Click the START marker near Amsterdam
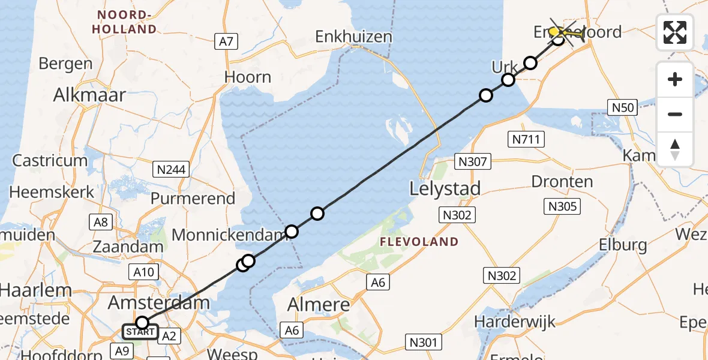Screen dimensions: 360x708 pos(140,331)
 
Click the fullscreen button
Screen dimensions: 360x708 pos(675,32)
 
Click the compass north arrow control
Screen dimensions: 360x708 pos(675,149)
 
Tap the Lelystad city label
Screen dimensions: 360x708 pos(445,189)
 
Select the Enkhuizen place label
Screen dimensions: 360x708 pos(354,37)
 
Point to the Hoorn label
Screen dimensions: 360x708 pos(248,77)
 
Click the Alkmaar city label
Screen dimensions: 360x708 pos(89,95)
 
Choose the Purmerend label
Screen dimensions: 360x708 pos(193,199)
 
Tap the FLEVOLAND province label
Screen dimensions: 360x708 pos(419,242)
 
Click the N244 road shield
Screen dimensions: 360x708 pos(172,170)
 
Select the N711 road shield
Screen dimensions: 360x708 pos(526,140)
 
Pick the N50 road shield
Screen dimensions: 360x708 pos(621,107)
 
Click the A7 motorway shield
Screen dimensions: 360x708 pos(227,41)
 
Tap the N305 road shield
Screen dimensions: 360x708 pos(562,207)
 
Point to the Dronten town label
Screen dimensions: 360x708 pos(562,182)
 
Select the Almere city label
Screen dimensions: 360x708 pos(319,305)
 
